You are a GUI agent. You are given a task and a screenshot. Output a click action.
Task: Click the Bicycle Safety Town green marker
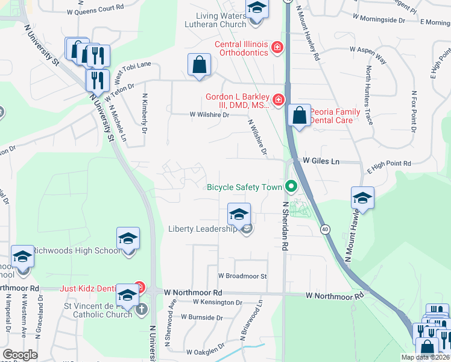(291, 186)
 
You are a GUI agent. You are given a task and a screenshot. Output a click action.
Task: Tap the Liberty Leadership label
(203, 229)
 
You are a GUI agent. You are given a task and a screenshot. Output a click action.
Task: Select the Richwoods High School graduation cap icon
(128, 240)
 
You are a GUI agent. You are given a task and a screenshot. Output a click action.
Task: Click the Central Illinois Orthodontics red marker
(277, 47)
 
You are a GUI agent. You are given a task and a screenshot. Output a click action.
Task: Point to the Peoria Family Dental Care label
(335, 116)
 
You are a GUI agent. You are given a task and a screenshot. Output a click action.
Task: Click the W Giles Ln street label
(321, 161)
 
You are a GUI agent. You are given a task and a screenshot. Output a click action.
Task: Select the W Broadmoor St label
(242, 276)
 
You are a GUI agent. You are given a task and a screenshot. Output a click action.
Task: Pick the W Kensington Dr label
(218, 302)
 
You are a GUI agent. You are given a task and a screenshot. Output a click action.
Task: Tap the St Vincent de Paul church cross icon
(141, 310)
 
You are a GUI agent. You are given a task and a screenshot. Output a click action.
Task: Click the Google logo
(20, 355)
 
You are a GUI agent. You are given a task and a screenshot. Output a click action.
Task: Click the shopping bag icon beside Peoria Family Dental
(299, 114)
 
